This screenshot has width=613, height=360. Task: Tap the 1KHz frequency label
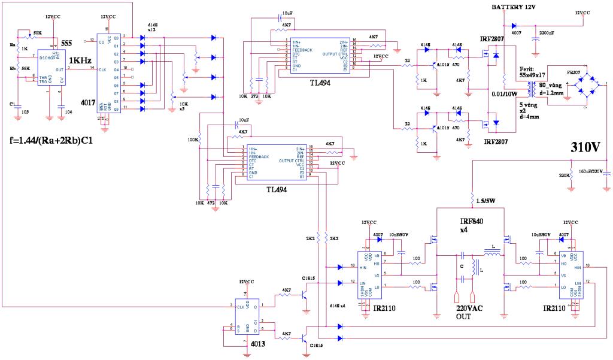(x=80, y=60)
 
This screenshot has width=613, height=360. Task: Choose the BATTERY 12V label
(x=514, y=7)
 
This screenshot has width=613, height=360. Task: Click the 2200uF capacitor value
(x=548, y=33)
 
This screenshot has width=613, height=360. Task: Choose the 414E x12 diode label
(x=153, y=28)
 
